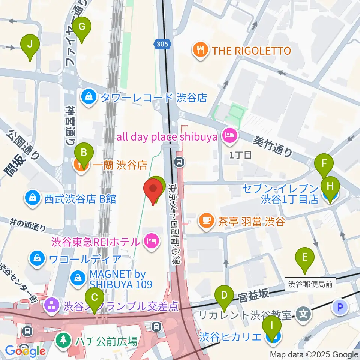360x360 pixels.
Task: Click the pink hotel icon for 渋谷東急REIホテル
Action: pyautogui.click(x=151, y=241)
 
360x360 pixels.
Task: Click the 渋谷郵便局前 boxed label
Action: pyautogui.click(x=310, y=284)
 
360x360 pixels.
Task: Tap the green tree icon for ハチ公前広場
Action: pyautogui.click(x=61, y=341)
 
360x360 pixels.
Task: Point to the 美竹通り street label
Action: pyautogui.click(x=273, y=145)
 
